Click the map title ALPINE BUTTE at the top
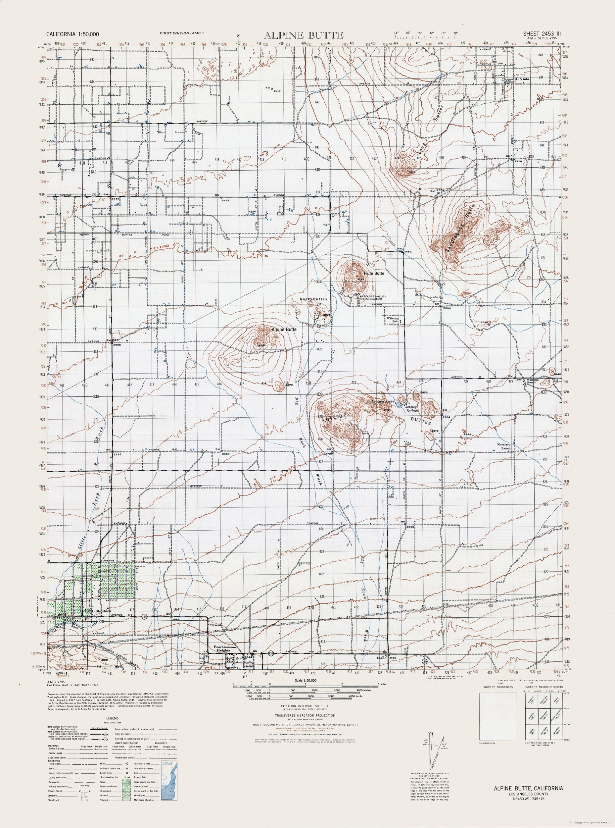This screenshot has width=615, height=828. [304, 35]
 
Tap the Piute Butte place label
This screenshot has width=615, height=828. [374, 273]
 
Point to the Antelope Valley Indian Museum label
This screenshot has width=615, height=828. [373, 297]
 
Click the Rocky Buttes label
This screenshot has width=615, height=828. [313, 299]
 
